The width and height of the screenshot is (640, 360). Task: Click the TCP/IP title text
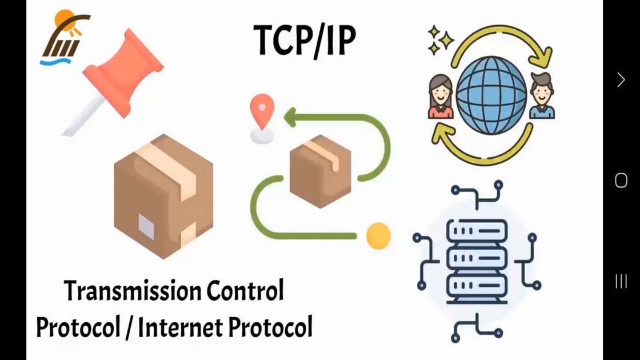[x=305, y=39]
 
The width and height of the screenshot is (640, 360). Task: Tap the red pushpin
[x=119, y=74]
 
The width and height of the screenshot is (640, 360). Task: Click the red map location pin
[x=262, y=111]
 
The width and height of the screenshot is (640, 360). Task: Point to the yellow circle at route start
[x=378, y=235]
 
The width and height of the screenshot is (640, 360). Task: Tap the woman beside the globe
[x=441, y=97]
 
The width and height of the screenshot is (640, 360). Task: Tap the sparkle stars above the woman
[x=441, y=40]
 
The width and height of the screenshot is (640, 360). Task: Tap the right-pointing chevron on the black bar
[x=621, y=80]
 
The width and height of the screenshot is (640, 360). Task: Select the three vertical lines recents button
[x=621, y=281]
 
